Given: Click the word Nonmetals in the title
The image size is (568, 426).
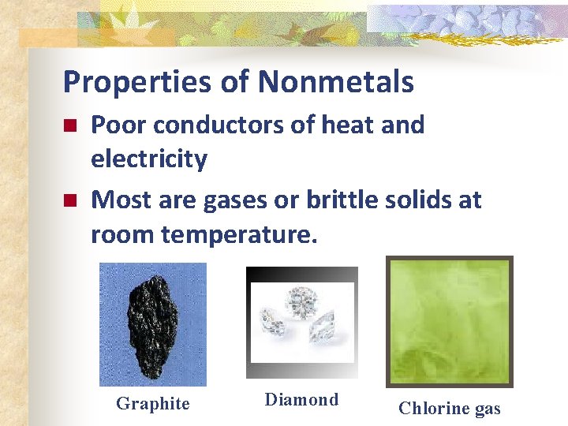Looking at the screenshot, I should pyautogui.click(x=335, y=82).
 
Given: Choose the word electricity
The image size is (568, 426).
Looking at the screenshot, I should pyautogui.click(x=149, y=159).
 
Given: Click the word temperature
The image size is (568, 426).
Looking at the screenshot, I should pyautogui.click(x=240, y=235).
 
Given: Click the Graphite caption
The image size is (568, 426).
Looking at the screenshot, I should pyautogui.click(x=153, y=404).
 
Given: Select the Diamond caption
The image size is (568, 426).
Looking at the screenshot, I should pyautogui.click(x=301, y=400).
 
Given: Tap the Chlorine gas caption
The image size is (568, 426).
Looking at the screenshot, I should pyautogui.click(x=449, y=408).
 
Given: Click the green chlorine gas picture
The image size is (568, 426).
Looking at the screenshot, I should pyautogui.click(x=449, y=321).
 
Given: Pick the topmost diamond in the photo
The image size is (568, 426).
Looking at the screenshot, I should pyautogui.click(x=302, y=301).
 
